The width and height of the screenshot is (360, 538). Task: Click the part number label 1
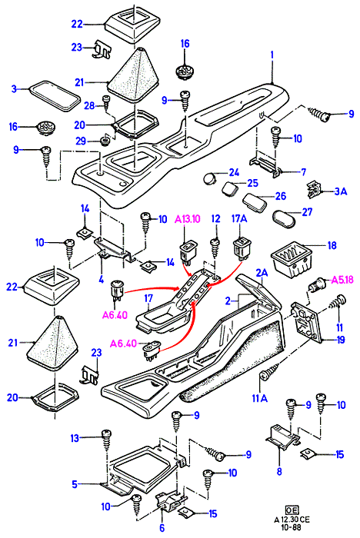coord(272,55)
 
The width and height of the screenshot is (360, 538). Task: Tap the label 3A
coord(341,191)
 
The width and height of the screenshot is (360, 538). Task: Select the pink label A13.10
coord(188,219)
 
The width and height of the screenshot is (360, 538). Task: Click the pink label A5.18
coord(342,281)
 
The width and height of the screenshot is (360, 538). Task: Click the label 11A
coord(260,398)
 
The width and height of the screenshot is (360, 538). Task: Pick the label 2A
coord(262,273)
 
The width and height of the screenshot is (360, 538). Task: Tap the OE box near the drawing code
coord(292,510)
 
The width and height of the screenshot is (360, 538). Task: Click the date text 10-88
coord(292,527)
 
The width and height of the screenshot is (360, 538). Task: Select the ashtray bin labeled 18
coord(291,261)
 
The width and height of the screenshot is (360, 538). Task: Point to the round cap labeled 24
coord(209,178)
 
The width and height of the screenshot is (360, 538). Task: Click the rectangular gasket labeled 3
coord(54,96)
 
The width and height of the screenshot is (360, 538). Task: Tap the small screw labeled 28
coord(106,102)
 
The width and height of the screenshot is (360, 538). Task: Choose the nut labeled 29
coord(104,140)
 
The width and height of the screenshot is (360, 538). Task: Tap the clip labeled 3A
coord(314,190)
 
